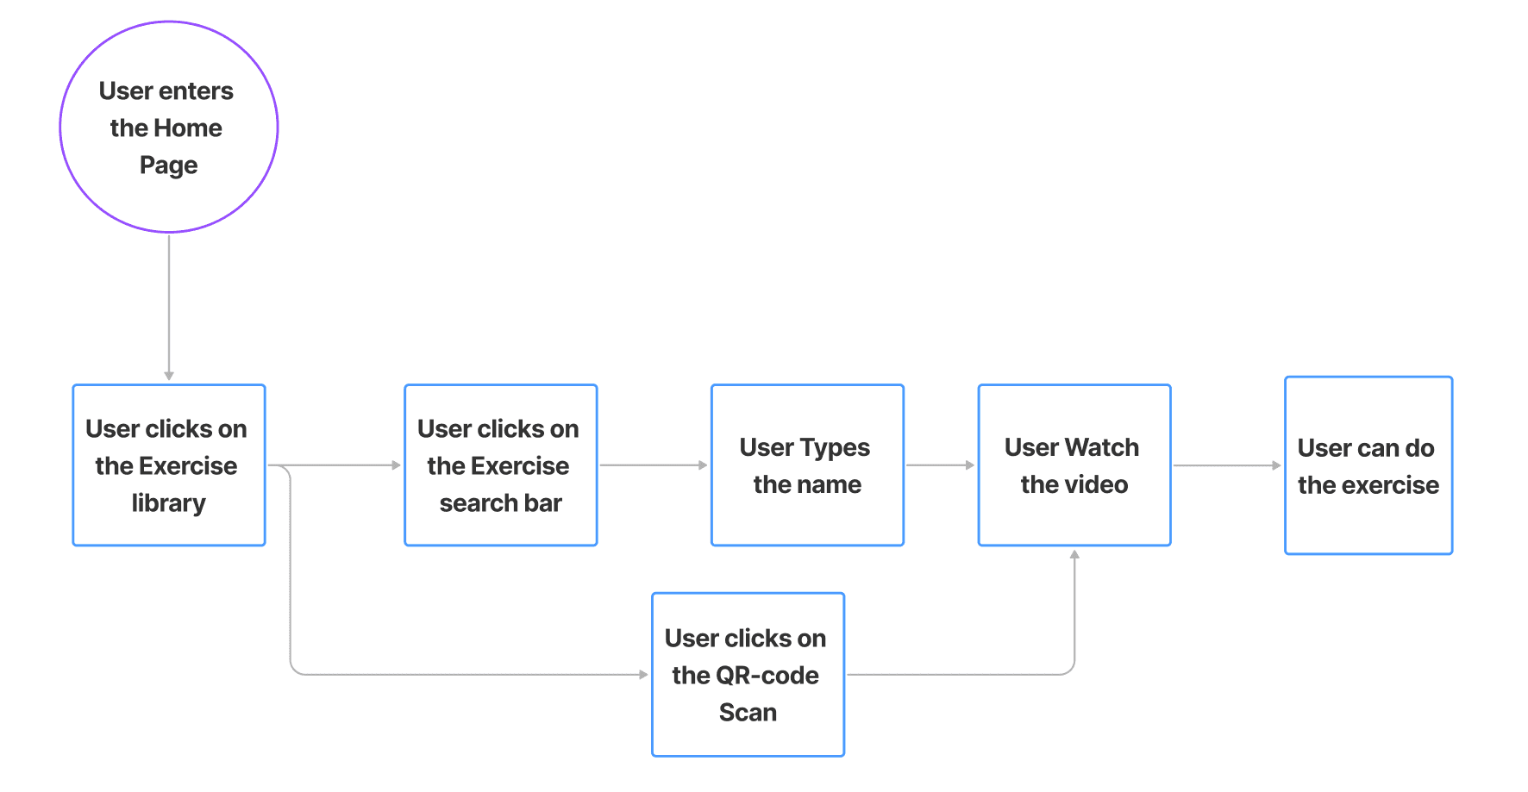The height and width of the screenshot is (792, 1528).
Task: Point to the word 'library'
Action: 169,503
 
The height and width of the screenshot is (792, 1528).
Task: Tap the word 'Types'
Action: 834,448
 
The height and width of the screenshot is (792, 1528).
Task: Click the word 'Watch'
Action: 1101,447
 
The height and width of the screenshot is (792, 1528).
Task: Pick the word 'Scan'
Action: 748,713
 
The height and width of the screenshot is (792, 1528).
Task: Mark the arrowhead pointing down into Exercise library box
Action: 169,376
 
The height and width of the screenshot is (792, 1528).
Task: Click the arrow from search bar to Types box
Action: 653,465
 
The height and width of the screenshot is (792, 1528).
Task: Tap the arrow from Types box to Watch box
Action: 940,465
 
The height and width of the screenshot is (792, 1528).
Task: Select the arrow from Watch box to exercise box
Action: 1226,465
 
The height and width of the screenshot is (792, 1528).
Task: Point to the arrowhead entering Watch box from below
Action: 1074,555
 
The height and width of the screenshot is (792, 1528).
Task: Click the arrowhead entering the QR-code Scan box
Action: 643,675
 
